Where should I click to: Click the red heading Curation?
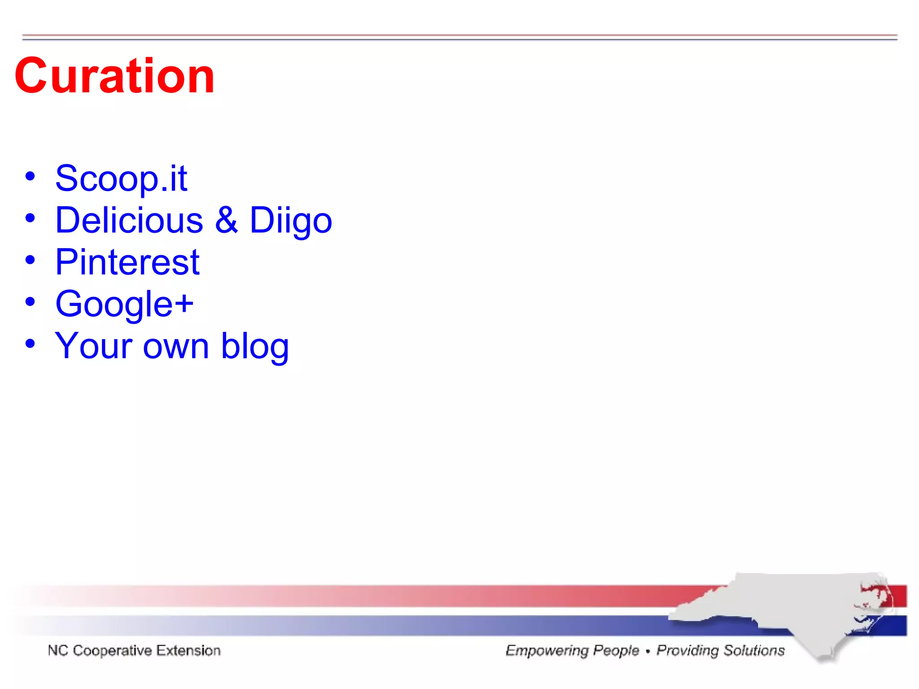114,76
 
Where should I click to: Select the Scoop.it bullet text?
121,178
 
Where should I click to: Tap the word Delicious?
129,220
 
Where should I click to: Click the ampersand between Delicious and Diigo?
226,220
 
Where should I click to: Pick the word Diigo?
290,221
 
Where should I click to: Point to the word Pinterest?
127,262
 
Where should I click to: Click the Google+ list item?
124,304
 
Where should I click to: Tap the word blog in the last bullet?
255,346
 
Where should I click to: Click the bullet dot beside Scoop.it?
30,176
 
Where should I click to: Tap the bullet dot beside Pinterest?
30,260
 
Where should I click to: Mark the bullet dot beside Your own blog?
30,344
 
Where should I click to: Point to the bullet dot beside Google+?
30,301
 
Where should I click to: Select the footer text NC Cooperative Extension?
134,650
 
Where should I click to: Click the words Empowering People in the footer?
572,650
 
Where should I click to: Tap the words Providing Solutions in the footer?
721,650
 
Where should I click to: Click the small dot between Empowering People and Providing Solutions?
648,651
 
